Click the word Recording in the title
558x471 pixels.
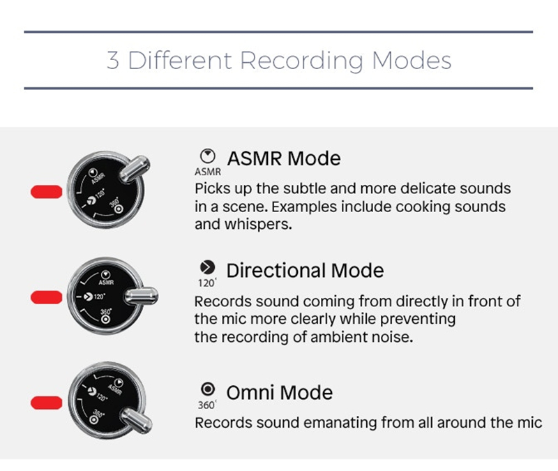pos(302,61)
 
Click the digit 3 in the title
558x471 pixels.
pos(113,61)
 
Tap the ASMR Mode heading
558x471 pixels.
pos(284,158)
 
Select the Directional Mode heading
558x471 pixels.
pos(305,271)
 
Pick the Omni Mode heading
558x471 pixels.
pos(280,393)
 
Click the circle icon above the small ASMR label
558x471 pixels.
pos(208,156)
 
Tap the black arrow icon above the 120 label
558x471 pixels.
pos(207,267)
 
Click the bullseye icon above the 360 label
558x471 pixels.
pos(208,389)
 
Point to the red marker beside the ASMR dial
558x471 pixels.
pos(47,192)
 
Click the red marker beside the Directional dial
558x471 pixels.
pos(47,297)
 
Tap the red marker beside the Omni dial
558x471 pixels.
pos(47,403)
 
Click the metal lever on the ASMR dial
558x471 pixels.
pos(134,169)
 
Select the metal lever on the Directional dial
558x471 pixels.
pos(141,296)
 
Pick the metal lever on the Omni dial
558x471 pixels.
pos(136,421)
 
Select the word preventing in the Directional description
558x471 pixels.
pos(418,320)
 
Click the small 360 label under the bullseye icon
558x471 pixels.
pos(206,405)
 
